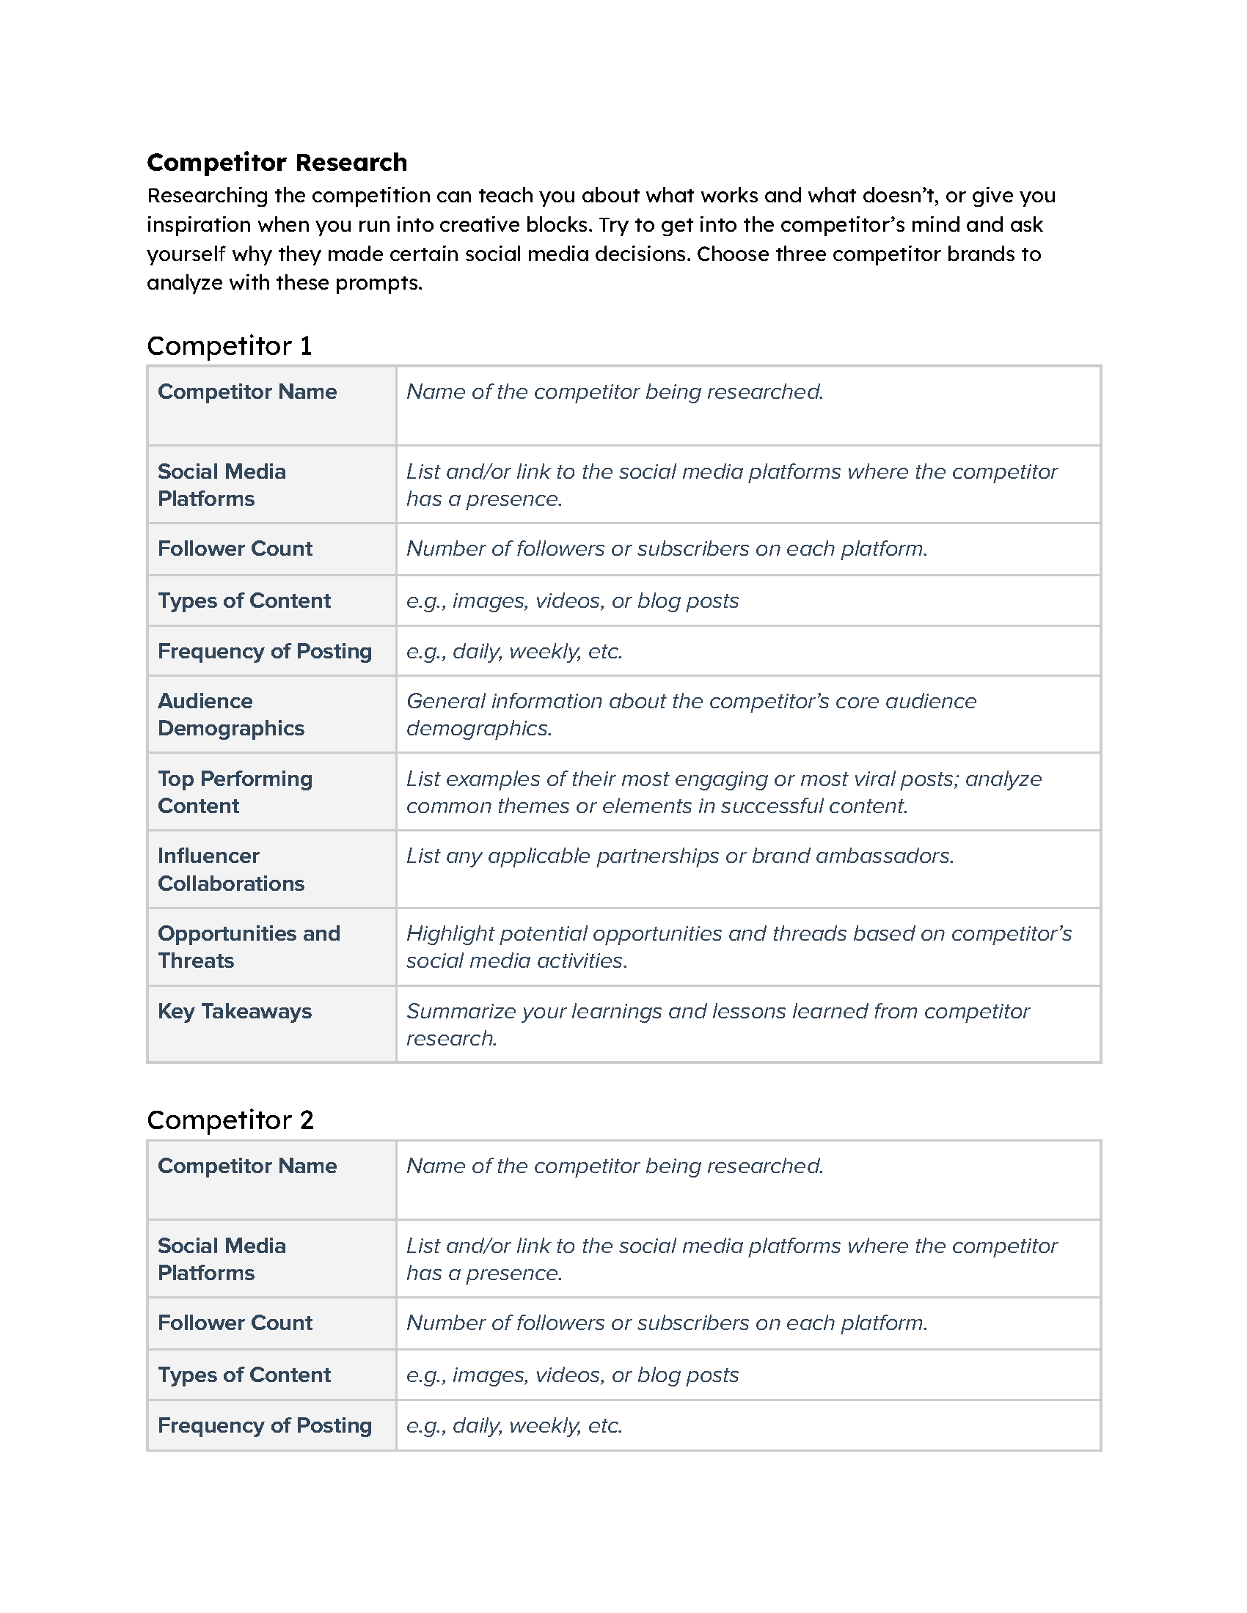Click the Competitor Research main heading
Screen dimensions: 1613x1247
[277, 163]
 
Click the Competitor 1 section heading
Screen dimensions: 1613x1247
[229, 345]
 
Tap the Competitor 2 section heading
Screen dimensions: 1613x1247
[230, 1120]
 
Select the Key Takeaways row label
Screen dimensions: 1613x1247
[234, 1011]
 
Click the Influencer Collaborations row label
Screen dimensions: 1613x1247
[230, 870]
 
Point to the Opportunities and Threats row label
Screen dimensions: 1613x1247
[248, 947]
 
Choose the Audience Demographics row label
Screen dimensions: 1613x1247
[230, 714]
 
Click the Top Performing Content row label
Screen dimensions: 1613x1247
[235, 792]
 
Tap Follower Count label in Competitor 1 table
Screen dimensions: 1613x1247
[235, 548]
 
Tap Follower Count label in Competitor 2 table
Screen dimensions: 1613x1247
[235, 1323]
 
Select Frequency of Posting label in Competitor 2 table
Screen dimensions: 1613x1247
[265, 1425]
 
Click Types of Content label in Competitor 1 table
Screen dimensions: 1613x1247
[244, 600]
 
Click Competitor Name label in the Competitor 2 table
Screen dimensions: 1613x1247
[246, 1166]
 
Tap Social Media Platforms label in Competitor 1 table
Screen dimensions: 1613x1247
[221, 485]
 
